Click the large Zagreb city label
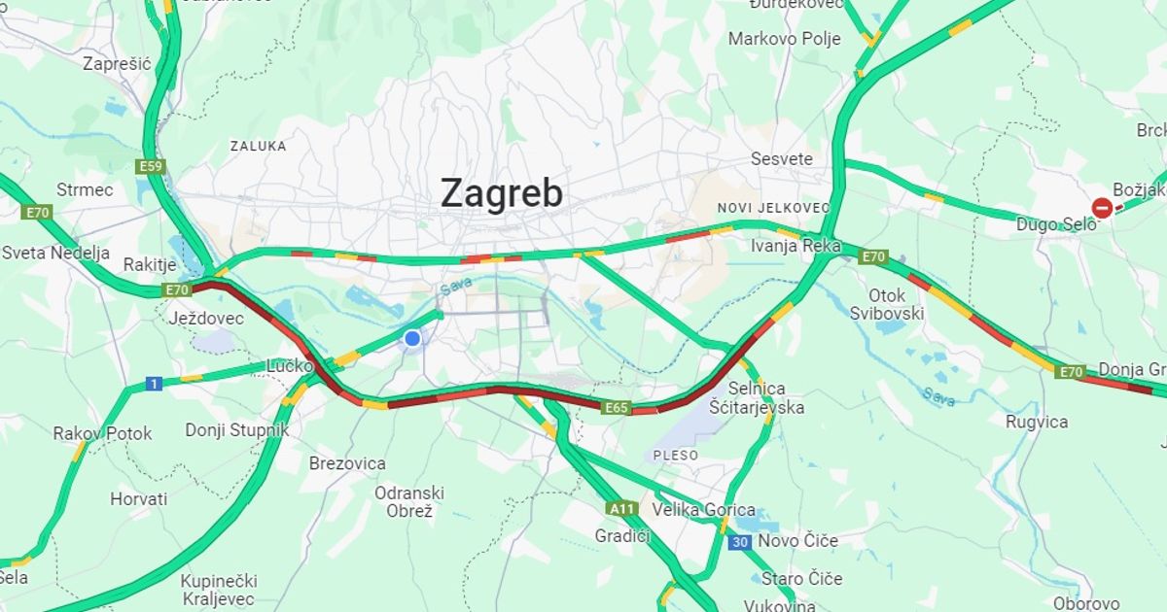pos(501,193)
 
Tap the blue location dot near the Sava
pos(412,338)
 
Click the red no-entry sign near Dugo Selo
pos(1102,208)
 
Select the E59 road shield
pos(151,167)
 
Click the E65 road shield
pos(616,408)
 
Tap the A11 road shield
pos(621,508)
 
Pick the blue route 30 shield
pos(740,542)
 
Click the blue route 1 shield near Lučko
pos(154,385)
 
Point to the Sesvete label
pos(781,159)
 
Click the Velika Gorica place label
pos(704,510)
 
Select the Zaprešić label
pos(117,64)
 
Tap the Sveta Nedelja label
pos(55,254)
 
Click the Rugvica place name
pos(1037,422)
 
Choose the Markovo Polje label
pos(784,39)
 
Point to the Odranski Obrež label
pos(409,501)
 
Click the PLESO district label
pos(675,455)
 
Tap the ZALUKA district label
pos(258,146)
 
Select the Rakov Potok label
pos(102,433)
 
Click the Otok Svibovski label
pos(886,303)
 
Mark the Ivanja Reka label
pos(796,246)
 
